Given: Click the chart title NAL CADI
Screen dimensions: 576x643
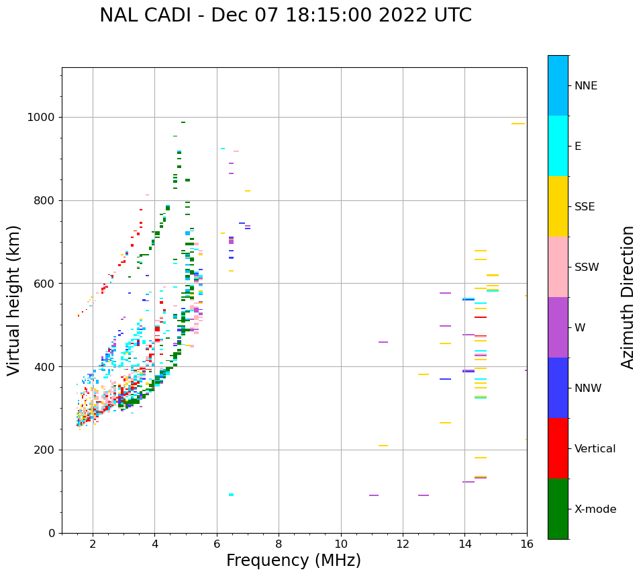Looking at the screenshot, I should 285,15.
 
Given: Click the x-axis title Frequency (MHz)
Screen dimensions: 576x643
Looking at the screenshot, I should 293,561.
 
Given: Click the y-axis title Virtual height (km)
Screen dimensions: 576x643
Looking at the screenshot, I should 14,300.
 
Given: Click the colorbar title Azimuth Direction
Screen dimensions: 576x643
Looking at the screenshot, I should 628,297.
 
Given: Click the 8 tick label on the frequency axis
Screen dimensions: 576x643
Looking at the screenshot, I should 279,544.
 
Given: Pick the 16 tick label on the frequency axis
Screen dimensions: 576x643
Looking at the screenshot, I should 527,544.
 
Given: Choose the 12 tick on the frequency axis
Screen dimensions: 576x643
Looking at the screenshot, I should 403,544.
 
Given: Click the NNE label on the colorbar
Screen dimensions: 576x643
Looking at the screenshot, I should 585,86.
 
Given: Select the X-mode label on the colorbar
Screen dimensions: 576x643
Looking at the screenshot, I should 595,509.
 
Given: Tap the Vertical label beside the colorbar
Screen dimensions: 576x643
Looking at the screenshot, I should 595,449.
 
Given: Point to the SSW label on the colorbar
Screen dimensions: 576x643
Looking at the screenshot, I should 587,268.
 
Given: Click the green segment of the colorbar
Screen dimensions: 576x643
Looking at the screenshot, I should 558,509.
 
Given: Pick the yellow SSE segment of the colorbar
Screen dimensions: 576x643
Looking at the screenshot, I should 558,206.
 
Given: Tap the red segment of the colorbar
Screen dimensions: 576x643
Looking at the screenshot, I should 558,448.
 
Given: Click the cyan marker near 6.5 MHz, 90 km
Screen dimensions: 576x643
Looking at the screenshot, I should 231,495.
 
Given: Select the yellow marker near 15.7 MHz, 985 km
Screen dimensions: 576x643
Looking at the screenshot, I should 517,124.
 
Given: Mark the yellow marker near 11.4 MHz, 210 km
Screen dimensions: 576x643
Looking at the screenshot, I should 383,446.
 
